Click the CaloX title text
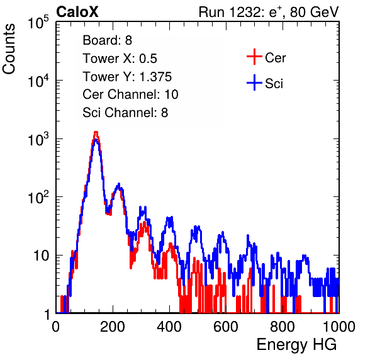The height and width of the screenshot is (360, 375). (x=77, y=12)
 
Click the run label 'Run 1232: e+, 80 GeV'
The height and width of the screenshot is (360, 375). (x=269, y=12)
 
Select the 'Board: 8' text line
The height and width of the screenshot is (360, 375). (x=107, y=40)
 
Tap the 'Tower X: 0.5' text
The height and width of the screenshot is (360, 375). (x=120, y=59)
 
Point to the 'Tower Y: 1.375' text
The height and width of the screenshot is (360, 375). (x=127, y=77)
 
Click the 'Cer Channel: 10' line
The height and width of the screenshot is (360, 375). (x=130, y=94)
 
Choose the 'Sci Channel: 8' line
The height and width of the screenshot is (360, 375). (x=125, y=113)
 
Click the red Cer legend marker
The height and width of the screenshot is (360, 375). (x=254, y=57)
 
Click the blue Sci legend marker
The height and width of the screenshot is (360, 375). (x=254, y=82)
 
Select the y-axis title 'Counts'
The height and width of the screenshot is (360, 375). (x=9, y=49)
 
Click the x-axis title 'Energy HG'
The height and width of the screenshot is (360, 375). (x=296, y=345)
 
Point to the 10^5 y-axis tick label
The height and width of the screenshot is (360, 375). (x=38, y=23)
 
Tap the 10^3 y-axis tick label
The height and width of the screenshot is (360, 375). (x=38, y=139)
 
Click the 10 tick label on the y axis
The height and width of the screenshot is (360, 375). (x=42, y=256)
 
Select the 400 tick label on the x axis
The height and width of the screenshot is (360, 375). (x=169, y=327)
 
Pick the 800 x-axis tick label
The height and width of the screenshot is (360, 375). (x=283, y=327)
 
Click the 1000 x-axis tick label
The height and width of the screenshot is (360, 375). (x=339, y=327)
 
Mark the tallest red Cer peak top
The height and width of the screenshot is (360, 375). (x=96, y=132)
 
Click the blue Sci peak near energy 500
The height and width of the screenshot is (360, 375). (x=196, y=227)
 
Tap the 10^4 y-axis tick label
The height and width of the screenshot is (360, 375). (x=38, y=81)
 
